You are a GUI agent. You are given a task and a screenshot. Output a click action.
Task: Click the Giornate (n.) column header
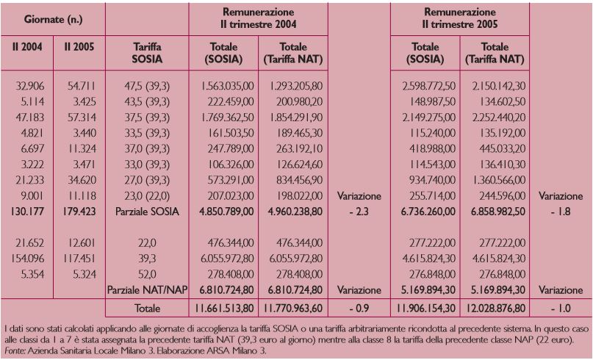tap(53, 19)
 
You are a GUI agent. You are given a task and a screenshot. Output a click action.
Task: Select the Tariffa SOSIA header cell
tap(147, 53)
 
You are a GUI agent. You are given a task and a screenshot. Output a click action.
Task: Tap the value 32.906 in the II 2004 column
tap(30, 86)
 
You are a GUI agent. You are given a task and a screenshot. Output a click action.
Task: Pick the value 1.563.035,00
tap(227, 86)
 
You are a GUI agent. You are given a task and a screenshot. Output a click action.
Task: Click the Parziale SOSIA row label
tap(147, 212)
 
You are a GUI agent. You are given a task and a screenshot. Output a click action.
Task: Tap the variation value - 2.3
tap(359, 212)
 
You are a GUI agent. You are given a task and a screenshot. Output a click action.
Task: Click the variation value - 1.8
tap(561, 212)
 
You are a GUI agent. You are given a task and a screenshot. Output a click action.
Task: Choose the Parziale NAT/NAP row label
tap(147, 290)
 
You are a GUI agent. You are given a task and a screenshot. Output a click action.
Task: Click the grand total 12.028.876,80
tap(495, 308)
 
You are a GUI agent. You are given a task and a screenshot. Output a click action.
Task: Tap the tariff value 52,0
tap(147, 274)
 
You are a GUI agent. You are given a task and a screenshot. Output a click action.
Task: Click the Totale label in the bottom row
tap(147, 308)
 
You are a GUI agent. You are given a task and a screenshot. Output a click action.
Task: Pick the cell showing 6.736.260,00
tap(428, 212)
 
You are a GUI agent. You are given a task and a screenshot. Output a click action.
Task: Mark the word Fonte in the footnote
tap(15, 350)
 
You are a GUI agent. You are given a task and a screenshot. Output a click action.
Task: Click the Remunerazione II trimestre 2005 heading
tap(460, 18)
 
